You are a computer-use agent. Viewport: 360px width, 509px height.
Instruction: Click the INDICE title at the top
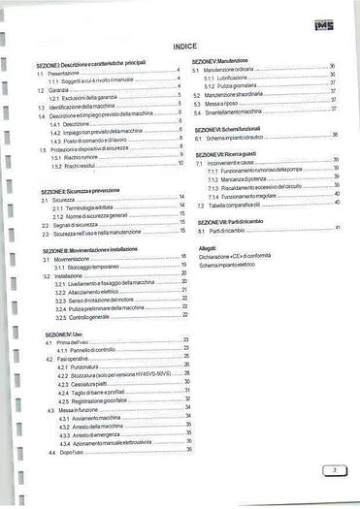pyautogui.click(x=184, y=47)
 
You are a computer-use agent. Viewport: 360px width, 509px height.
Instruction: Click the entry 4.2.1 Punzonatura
pyautogui.click(x=82, y=366)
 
